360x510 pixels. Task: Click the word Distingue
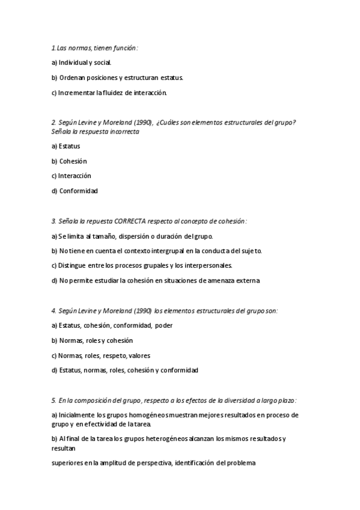(x=75, y=265)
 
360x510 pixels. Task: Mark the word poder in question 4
(x=164, y=326)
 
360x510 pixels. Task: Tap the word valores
(x=139, y=355)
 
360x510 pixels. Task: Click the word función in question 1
(x=125, y=48)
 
